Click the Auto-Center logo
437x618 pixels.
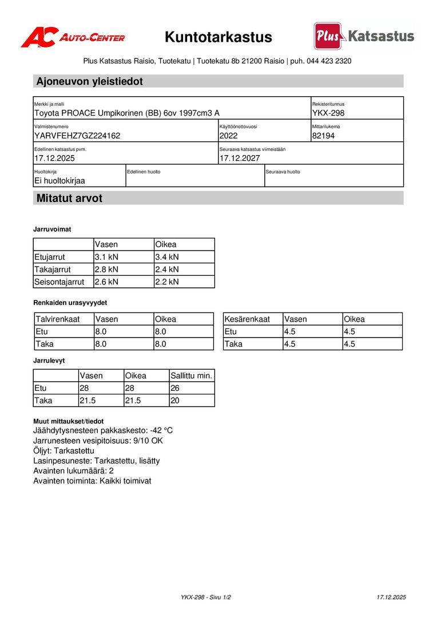[x=73, y=37]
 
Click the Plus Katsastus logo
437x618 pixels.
[x=364, y=36]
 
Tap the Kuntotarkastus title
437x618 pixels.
[x=218, y=38]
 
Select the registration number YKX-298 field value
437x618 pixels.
[x=328, y=113]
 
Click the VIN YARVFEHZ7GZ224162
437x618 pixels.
[x=77, y=136]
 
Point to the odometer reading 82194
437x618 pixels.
[x=324, y=136]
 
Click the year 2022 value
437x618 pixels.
[x=228, y=136]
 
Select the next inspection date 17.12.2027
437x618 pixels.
[x=240, y=158]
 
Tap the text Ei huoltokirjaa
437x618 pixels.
[x=59, y=180]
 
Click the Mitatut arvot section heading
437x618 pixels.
[x=69, y=199]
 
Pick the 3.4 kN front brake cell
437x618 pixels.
[x=167, y=257]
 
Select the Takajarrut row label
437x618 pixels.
[x=52, y=269]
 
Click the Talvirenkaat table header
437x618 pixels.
[x=57, y=319]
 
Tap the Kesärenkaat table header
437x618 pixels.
[x=247, y=319]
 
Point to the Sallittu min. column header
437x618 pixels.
[x=192, y=376]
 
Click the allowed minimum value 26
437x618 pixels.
[x=175, y=389]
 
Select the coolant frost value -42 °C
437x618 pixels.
[x=161, y=430]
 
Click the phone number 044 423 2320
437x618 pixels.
[x=329, y=61]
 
